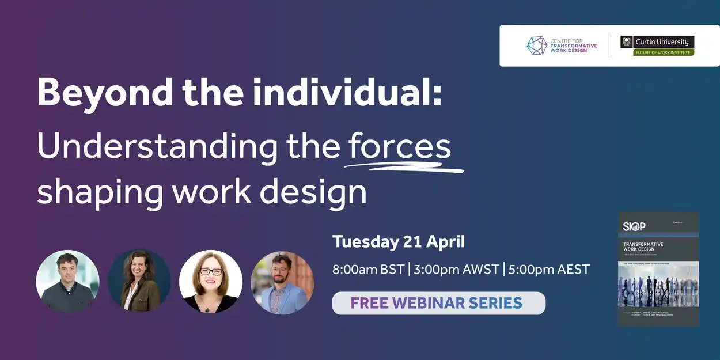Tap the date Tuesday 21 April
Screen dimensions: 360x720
pos(399,241)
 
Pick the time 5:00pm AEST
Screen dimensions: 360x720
pos(549,269)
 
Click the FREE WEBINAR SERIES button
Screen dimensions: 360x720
pos(438,303)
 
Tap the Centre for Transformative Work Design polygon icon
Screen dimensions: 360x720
pos(536,46)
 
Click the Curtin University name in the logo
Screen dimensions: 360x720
pos(662,41)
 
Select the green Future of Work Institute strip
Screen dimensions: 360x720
pos(664,52)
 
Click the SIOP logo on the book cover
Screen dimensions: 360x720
pos(634,226)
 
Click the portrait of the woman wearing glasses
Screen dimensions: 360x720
pos(211,282)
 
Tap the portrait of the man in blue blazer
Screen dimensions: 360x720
pos(282,282)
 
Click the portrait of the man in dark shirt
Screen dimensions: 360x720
pos(67,281)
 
